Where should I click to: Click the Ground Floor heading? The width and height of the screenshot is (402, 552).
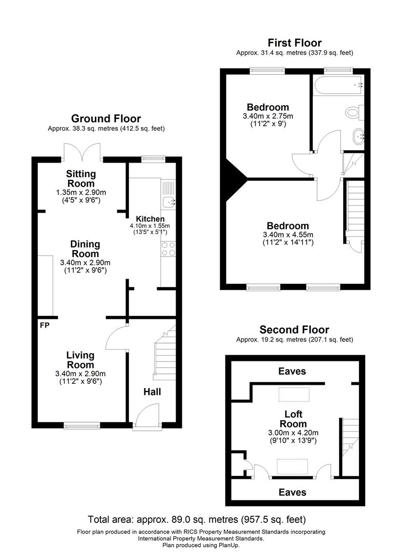[106, 119]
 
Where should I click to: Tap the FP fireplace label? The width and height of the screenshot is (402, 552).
[44, 325]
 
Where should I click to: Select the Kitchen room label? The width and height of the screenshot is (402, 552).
[150, 219]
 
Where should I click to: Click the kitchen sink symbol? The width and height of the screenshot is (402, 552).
[168, 202]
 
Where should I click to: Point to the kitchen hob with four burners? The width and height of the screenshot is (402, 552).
[168, 248]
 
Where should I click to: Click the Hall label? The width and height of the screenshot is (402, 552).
[152, 392]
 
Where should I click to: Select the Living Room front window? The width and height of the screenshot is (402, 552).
[81, 424]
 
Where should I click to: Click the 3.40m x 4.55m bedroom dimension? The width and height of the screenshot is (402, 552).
[287, 235]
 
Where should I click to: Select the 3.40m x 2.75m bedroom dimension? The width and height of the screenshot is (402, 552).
[268, 116]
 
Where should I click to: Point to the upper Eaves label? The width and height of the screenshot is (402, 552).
[292, 372]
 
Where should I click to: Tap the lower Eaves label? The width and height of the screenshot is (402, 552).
[292, 492]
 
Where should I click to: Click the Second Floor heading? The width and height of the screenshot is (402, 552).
[294, 330]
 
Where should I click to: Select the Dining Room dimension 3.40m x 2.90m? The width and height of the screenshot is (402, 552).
[85, 263]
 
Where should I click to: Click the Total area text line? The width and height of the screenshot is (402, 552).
[197, 520]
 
